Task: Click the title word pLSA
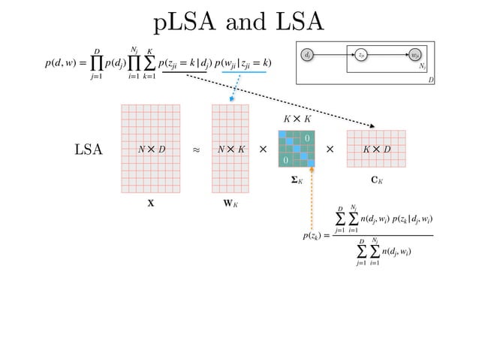pyautogui.click(x=191, y=23)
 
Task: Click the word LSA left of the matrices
pyautogui.click(x=88, y=150)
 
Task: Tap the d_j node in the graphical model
pyautogui.click(x=308, y=55)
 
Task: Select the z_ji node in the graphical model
pyautogui.click(x=361, y=55)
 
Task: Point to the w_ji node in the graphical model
pyautogui.click(x=415, y=55)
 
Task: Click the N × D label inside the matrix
pyautogui.click(x=151, y=150)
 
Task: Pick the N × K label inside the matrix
pyautogui.click(x=230, y=150)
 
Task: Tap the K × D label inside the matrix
pyautogui.click(x=376, y=150)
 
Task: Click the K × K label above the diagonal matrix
pyautogui.click(x=296, y=118)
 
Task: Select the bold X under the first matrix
pyautogui.click(x=151, y=203)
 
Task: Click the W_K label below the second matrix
pyautogui.click(x=230, y=203)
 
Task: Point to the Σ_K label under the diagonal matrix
pyautogui.click(x=297, y=181)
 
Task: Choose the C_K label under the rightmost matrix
pyautogui.click(x=377, y=181)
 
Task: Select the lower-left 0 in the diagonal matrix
pyautogui.click(x=285, y=161)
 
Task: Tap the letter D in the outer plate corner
pyautogui.click(x=431, y=79)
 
